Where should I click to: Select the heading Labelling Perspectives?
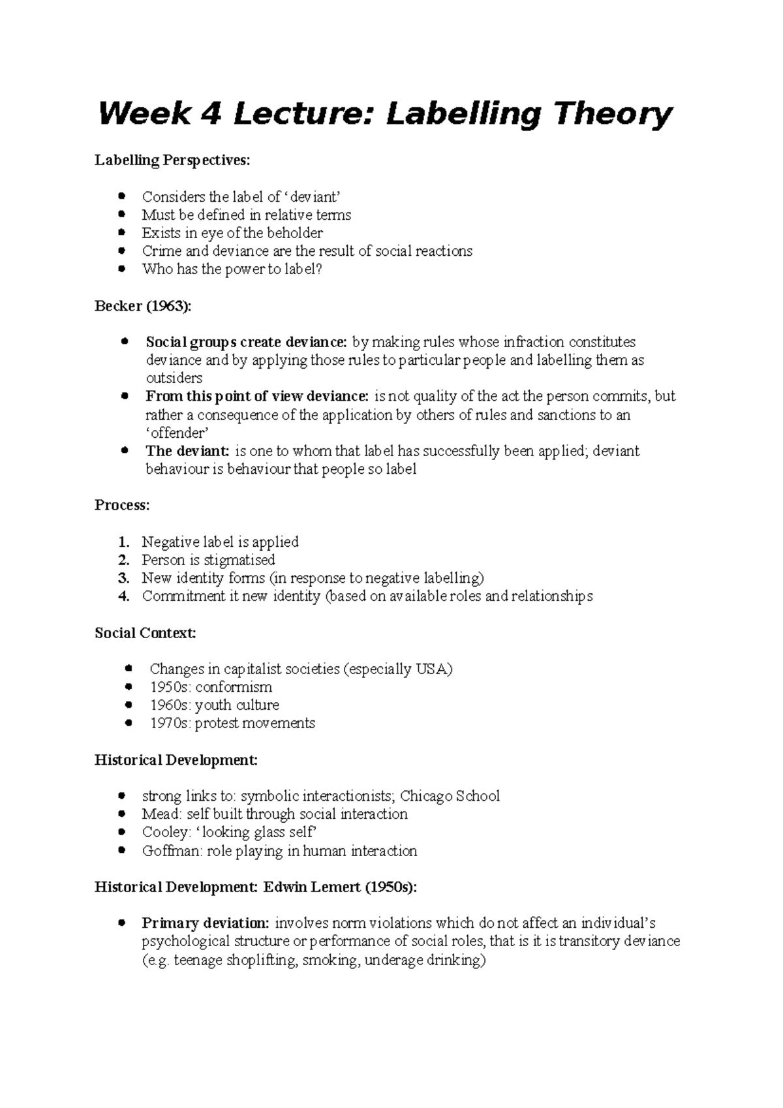(x=172, y=160)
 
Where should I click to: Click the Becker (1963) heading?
(x=144, y=306)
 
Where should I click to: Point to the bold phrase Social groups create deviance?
(x=247, y=342)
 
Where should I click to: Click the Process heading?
(x=122, y=505)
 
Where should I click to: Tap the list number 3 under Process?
(x=124, y=577)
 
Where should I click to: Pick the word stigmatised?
(x=239, y=560)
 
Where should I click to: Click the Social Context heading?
(x=145, y=633)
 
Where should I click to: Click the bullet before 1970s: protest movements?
(x=129, y=723)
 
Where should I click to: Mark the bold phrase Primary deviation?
(x=205, y=923)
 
